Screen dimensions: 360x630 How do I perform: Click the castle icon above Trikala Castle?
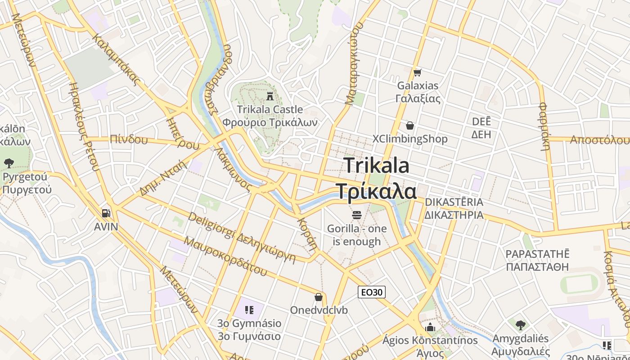[270, 96]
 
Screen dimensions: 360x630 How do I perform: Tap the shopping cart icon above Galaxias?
[418, 72]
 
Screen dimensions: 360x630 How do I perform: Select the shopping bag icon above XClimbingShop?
[410, 126]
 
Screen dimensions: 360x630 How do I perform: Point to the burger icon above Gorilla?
[357, 215]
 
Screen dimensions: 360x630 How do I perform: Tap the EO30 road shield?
[372, 292]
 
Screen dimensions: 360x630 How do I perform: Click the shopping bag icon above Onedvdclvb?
[319, 297]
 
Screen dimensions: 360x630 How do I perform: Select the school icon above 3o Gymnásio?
[249, 310]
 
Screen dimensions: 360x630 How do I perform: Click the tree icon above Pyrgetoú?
[9, 163]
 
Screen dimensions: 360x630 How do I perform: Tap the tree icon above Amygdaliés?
[521, 324]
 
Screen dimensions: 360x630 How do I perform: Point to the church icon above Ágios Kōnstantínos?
[430, 327]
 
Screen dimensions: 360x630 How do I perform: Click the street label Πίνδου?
[129, 139]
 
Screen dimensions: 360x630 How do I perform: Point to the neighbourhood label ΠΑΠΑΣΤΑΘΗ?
[537, 267]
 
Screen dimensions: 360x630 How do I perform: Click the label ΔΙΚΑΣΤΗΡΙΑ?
[454, 215]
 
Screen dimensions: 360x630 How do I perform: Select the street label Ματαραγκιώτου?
[354, 64]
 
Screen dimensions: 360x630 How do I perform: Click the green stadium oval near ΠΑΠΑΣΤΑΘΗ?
[579, 285]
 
